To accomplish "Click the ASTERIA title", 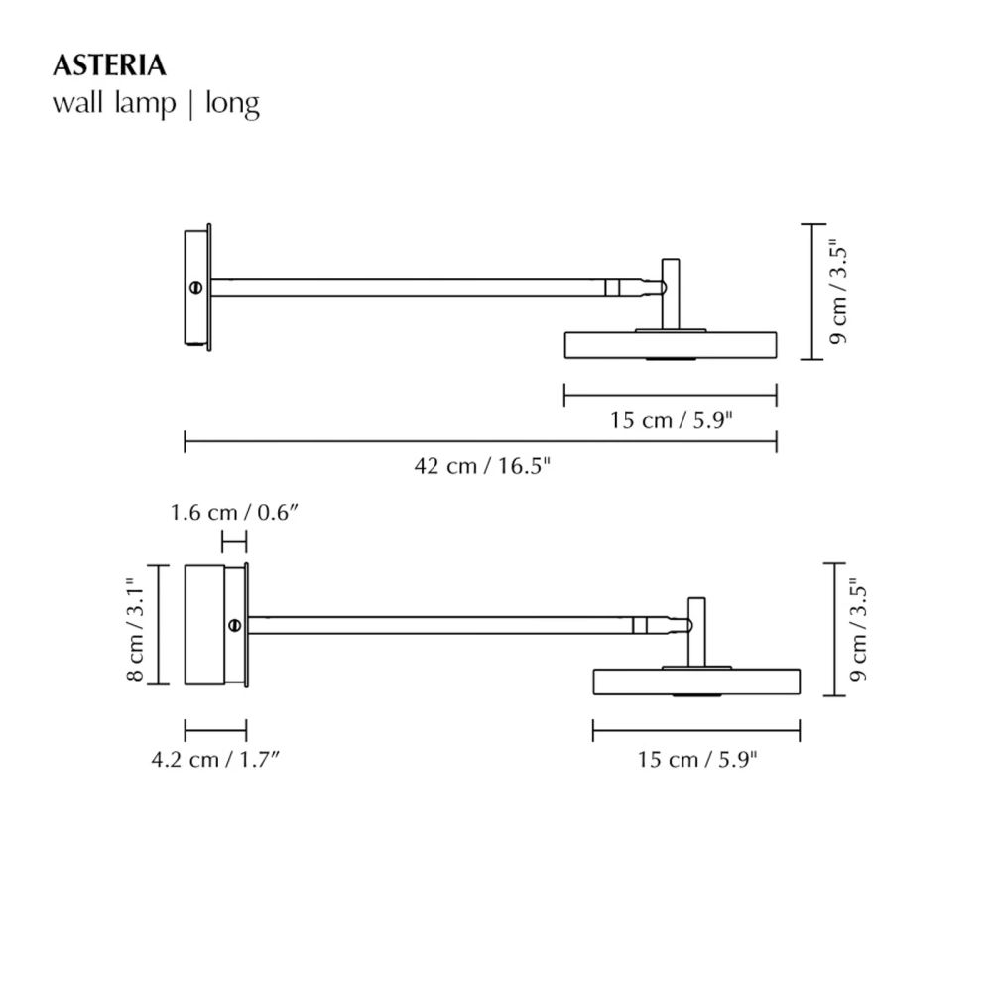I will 108,66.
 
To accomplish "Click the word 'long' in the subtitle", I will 232,103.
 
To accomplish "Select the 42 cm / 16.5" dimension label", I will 482,466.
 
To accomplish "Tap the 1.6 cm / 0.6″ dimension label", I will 234,513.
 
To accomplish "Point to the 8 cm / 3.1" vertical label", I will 137,624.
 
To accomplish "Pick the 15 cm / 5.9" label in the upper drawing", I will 671,420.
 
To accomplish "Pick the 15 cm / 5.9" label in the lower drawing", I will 697,760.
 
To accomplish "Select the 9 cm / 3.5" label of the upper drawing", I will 838,291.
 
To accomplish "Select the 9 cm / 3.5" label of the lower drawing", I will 858,631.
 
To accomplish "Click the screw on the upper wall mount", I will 196,287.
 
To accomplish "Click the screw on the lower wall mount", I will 234,625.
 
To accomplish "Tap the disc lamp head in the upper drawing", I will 671,344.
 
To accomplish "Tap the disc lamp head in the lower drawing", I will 696,682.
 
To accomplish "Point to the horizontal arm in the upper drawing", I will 407,287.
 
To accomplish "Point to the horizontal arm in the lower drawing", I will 436,625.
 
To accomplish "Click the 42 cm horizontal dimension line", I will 482,441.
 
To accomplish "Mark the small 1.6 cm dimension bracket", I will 234,541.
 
